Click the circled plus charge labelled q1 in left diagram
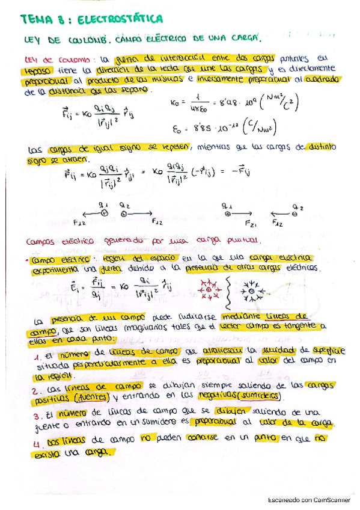coord(103,213)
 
